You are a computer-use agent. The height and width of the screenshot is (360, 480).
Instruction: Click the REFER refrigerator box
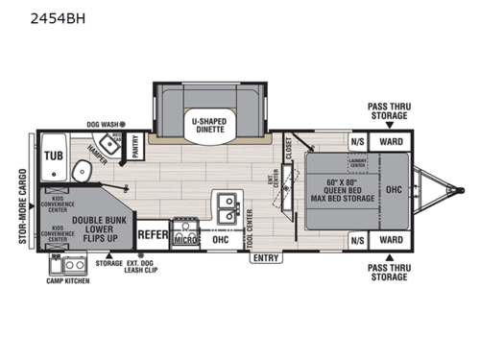tap(154, 233)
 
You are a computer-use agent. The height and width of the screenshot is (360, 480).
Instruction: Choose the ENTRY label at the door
tap(266, 258)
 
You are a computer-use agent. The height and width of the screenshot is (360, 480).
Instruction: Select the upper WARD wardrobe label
tap(390, 141)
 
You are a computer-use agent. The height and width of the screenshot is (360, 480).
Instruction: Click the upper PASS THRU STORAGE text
tap(390, 110)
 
